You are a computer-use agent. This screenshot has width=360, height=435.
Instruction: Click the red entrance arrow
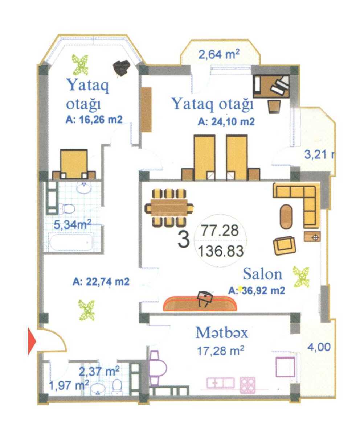(32, 341)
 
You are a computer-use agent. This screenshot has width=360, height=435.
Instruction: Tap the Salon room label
(262, 274)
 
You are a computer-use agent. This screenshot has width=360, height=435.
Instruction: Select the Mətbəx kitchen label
(222, 333)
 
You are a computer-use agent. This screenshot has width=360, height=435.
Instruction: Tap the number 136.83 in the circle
(221, 251)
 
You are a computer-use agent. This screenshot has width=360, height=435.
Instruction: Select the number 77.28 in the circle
(220, 231)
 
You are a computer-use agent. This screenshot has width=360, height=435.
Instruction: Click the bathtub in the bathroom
(70, 242)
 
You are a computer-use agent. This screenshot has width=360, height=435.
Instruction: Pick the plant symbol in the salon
(301, 277)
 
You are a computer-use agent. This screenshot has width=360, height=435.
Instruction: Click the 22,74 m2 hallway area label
(101, 282)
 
